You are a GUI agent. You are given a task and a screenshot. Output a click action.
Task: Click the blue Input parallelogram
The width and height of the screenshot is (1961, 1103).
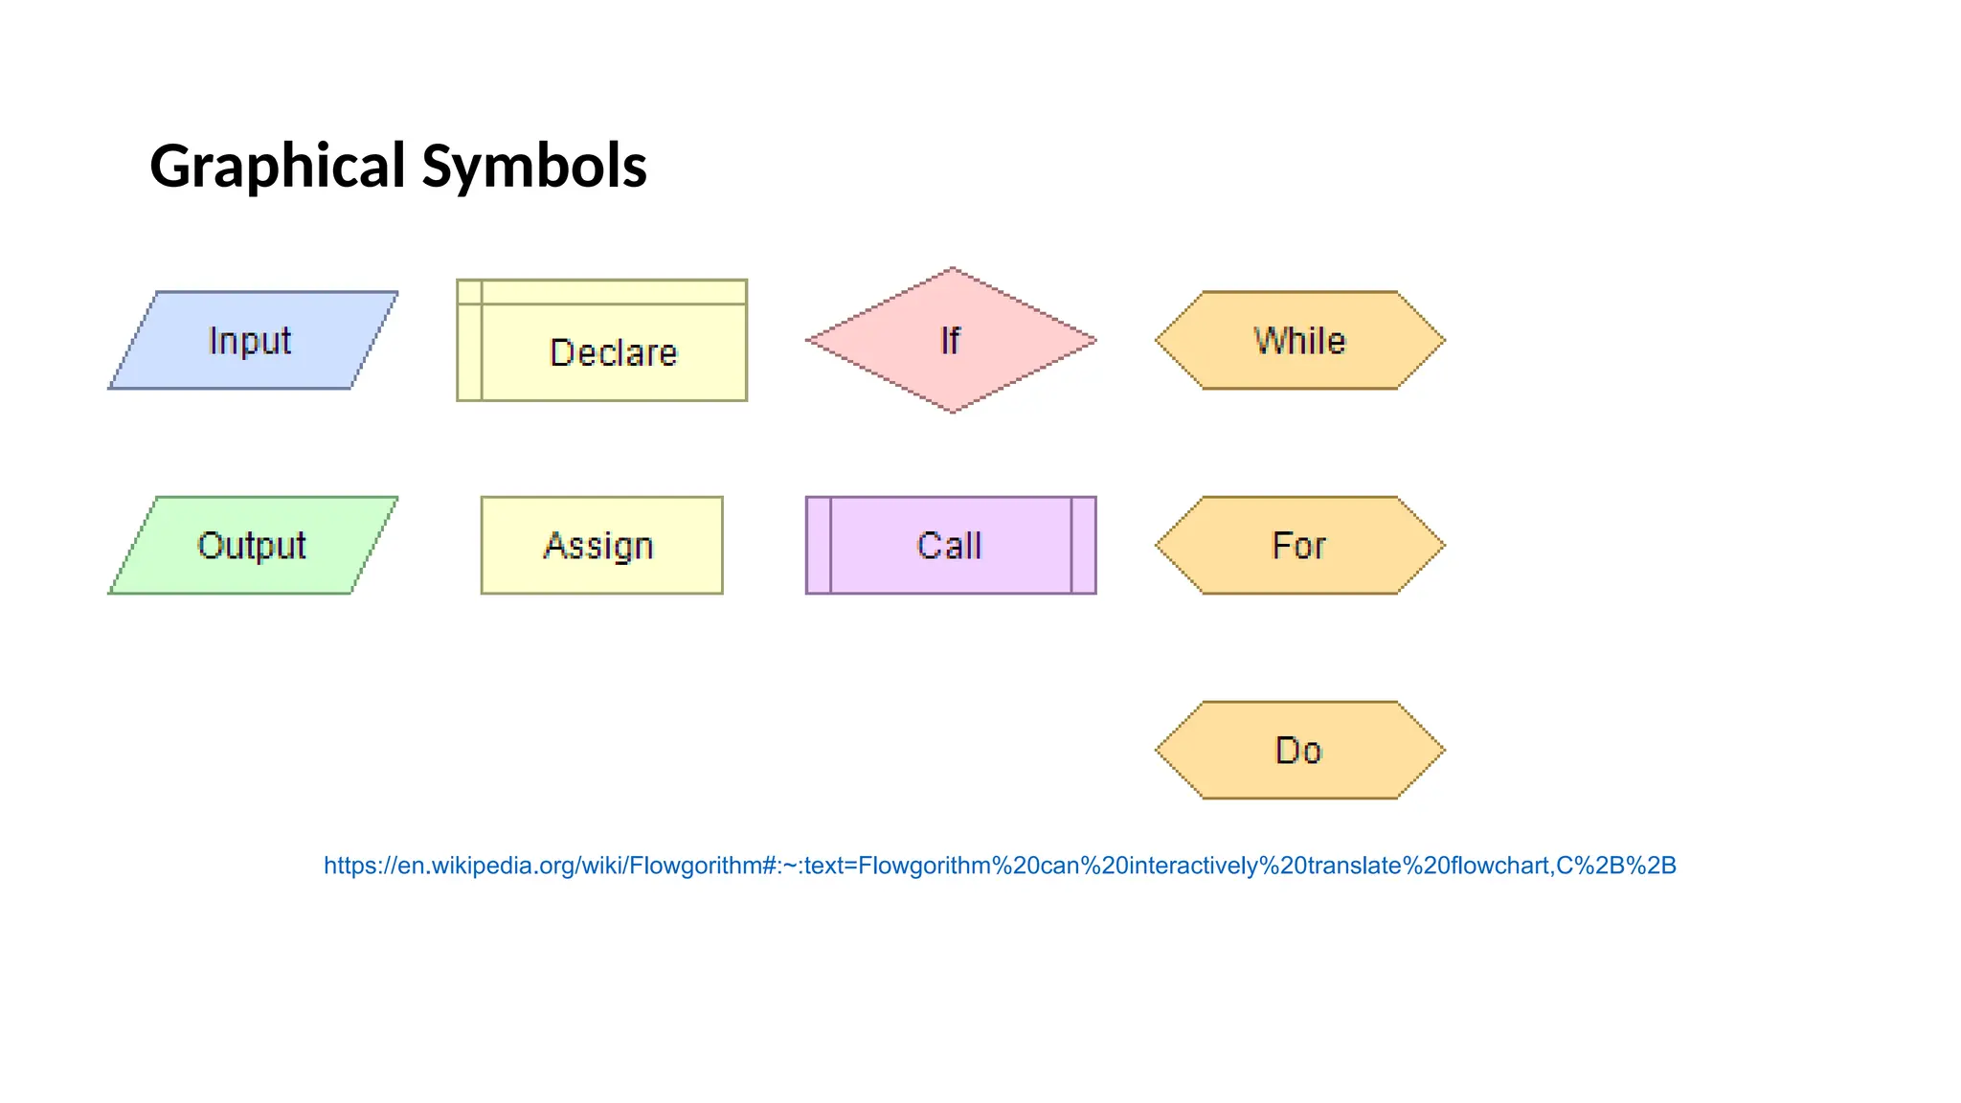pos(253,341)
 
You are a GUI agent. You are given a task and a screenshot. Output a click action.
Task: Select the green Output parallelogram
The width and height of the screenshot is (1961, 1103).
pos(253,546)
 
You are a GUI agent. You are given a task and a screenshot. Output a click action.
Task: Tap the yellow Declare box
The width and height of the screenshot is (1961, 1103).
pos(613,351)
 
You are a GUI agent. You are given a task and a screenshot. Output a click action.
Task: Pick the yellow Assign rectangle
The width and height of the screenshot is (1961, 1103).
pos(601,546)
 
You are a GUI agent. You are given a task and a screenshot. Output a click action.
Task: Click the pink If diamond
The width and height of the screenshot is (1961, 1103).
pos(951,341)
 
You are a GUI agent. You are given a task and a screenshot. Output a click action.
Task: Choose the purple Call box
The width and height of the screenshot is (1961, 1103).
pos(950,546)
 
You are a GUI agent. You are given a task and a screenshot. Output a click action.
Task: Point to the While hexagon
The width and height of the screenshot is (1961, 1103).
pos(1299,341)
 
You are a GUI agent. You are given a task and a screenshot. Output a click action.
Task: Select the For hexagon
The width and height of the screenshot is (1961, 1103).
pos(1299,546)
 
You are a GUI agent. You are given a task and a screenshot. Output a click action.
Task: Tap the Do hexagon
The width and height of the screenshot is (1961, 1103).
pos(1299,751)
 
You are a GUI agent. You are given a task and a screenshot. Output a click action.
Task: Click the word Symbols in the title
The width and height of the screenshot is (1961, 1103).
pos(534,166)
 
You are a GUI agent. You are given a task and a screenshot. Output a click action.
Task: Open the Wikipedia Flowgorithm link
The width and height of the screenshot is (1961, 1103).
pos(1000,866)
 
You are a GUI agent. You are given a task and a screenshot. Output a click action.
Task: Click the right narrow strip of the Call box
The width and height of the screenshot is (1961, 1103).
pos(1083,546)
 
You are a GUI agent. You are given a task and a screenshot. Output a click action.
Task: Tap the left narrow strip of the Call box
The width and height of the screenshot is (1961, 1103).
pos(819,546)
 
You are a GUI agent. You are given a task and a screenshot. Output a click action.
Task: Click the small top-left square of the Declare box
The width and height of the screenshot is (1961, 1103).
pos(469,292)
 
